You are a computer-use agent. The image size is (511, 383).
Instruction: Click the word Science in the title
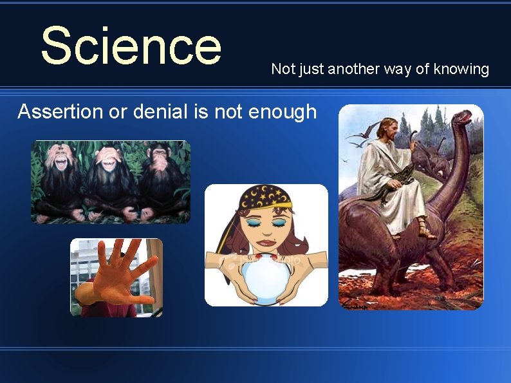(x=131, y=46)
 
